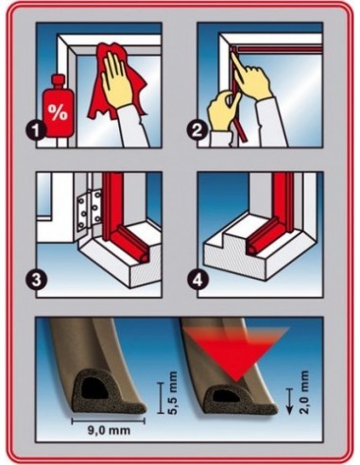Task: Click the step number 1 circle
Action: (37, 130)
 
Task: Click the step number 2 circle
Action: (197, 130)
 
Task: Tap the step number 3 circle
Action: (37, 280)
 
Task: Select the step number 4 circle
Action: (197, 280)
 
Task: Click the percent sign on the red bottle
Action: (58, 112)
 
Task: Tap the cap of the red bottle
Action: (58, 81)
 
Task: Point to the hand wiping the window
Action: (117, 78)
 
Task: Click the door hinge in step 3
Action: (91, 210)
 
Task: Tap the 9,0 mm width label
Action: (109, 430)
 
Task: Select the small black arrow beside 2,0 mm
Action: (289, 401)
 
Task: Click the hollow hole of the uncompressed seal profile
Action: (94, 389)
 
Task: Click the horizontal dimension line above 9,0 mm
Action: (109, 421)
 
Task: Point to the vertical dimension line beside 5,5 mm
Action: (161, 397)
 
